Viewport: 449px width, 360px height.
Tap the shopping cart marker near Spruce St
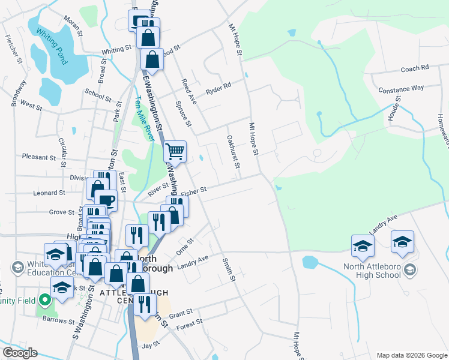(x=175, y=151)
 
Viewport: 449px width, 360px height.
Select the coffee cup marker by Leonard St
(x=106, y=200)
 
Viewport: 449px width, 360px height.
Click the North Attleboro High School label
(x=372, y=271)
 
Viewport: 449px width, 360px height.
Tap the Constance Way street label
(x=401, y=89)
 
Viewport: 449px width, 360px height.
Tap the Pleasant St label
(x=38, y=157)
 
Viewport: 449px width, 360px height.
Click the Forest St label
(x=190, y=324)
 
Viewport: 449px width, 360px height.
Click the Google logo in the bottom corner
(x=19, y=353)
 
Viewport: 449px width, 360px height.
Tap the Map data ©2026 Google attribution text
(x=411, y=355)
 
